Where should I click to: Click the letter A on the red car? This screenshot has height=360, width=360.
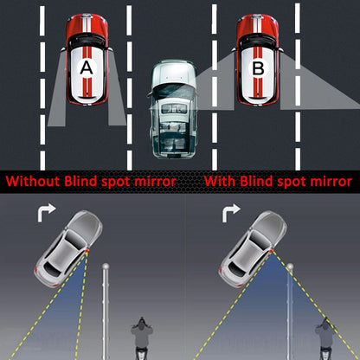pyautogui.click(x=86, y=67)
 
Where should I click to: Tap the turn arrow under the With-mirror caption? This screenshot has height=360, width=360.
pyautogui.click(x=232, y=211)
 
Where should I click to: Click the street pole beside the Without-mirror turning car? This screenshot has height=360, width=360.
pyautogui.click(x=105, y=303)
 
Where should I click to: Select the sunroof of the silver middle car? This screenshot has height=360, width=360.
pyautogui.click(x=171, y=111)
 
